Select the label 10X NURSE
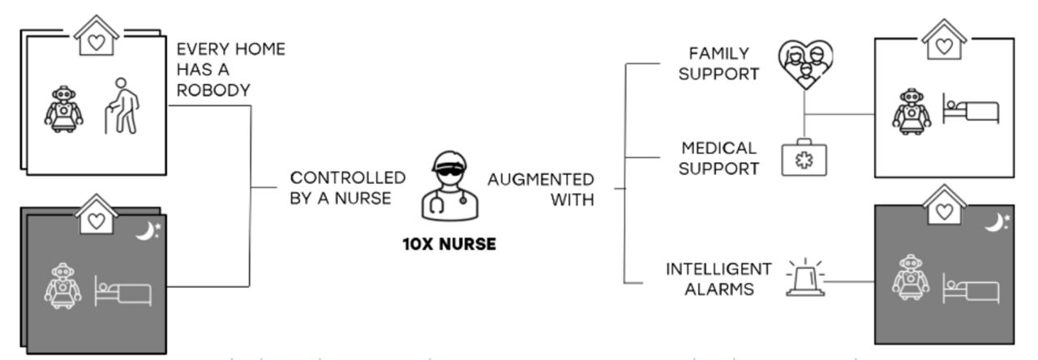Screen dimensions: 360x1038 click(x=449, y=244)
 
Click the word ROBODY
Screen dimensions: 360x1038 click(x=213, y=91)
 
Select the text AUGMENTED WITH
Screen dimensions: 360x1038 click(x=541, y=189)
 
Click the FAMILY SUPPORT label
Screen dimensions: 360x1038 click(x=718, y=63)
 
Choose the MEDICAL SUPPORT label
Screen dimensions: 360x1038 click(x=718, y=159)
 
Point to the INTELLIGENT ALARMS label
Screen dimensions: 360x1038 click(x=718, y=278)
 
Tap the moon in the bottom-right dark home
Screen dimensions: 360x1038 click(x=996, y=221)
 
